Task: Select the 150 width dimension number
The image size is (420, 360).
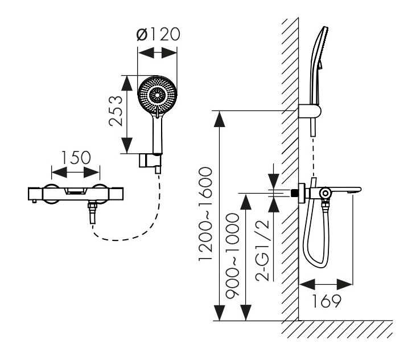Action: pos(75,157)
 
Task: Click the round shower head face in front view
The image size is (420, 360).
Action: pos(158,94)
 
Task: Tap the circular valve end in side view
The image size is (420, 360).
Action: pos(325,194)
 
